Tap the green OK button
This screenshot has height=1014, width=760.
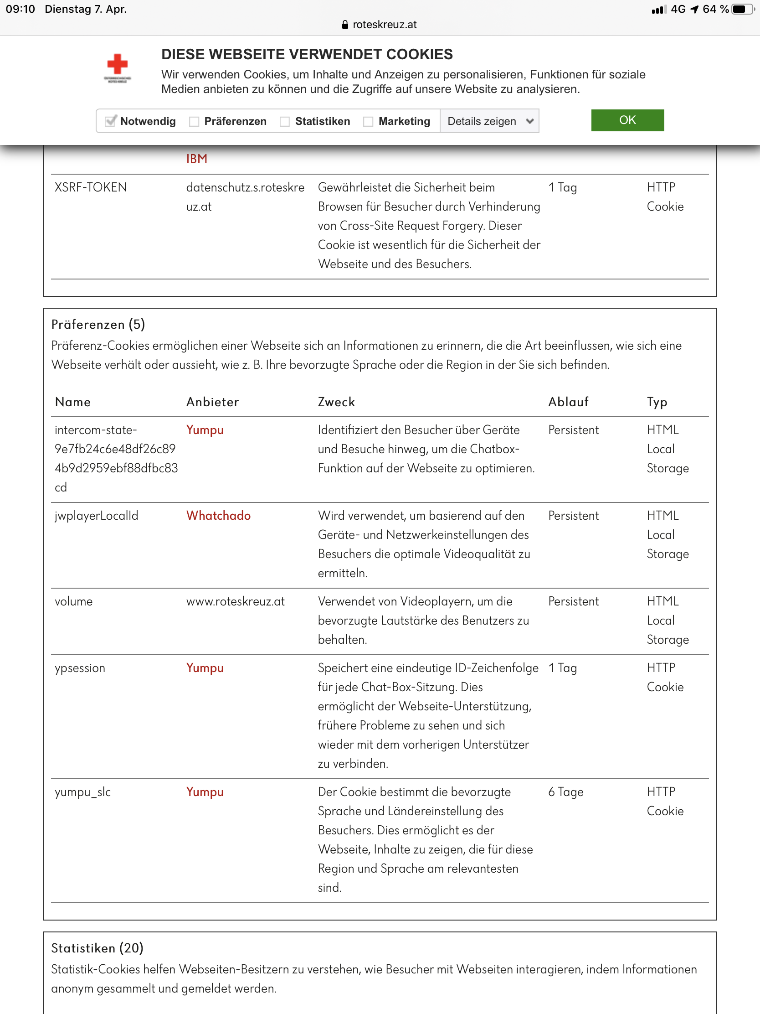(x=627, y=120)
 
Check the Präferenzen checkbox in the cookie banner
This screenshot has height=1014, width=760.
(x=194, y=121)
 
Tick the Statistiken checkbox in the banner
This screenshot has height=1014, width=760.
(x=285, y=121)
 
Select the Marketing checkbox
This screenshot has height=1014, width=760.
(x=368, y=121)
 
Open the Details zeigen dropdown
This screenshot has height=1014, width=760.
(x=489, y=121)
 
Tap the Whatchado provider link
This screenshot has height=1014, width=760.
(x=218, y=516)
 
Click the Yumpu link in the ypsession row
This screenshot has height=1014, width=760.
(x=205, y=668)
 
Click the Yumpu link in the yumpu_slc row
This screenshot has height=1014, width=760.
(x=205, y=792)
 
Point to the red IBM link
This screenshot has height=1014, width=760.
(x=196, y=159)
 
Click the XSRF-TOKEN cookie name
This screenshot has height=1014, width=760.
(x=91, y=187)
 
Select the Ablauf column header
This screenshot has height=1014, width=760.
(x=568, y=402)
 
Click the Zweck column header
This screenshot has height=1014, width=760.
(x=336, y=402)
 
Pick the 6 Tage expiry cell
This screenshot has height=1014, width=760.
(x=566, y=792)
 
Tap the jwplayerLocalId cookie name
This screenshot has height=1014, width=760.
(x=96, y=516)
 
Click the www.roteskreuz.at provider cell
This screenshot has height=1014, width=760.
(x=236, y=601)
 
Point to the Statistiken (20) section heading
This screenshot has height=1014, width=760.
(x=97, y=948)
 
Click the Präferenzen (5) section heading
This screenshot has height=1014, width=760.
(x=98, y=325)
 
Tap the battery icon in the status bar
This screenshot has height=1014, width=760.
(x=742, y=9)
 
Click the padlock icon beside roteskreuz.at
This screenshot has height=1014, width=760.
(x=345, y=25)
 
